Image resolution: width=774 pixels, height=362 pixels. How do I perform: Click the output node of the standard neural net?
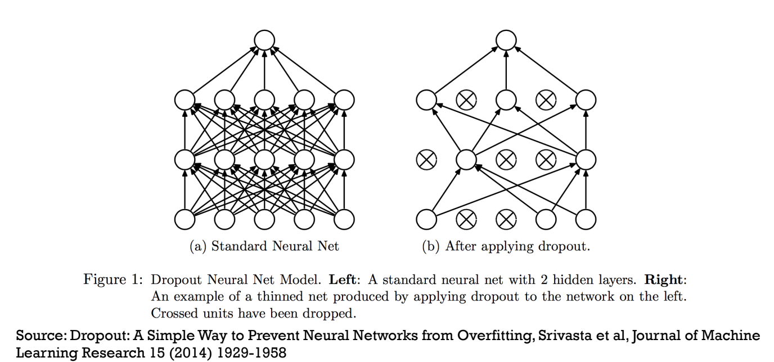tap(264, 40)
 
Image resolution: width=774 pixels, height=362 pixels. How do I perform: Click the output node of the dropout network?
tap(506, 40)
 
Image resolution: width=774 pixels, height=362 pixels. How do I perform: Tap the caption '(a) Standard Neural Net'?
tap(264, 246)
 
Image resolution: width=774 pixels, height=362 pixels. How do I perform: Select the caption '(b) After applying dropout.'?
tap(506, 246)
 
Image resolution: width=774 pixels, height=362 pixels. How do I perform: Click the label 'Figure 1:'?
tap(112, 279)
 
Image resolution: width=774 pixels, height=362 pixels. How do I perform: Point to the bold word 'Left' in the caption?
tap(341, 279)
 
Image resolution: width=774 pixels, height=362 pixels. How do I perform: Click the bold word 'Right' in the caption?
tap(664, 279)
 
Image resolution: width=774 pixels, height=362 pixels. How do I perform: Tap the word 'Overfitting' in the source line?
tap(485, 336)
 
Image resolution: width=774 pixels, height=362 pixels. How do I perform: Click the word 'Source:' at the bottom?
tap(41, 336)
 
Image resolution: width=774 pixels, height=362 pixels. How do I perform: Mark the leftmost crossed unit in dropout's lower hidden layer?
tap(426, 160)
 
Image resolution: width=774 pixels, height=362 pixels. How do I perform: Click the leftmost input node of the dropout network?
tap(426, 219)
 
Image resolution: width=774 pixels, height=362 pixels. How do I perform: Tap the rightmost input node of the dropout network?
tap(586, 219)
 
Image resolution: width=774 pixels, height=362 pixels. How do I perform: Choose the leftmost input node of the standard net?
tap(184, 219)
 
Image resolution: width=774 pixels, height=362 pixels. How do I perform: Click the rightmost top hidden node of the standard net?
tap(344, 100)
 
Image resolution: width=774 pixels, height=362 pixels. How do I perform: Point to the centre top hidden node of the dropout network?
tap(506, 100)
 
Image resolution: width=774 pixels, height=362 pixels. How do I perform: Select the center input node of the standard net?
tap(264, 219)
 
